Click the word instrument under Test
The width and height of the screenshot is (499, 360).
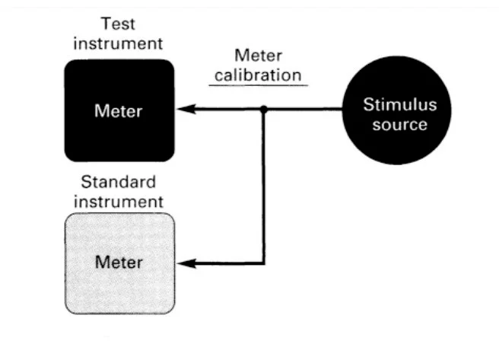click(x=118, y=43)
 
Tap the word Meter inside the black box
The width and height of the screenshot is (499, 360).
click(x=118, y=111)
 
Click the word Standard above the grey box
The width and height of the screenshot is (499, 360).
click(x=118, y=183)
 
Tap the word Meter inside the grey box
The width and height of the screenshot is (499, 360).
click(x=118, y=263)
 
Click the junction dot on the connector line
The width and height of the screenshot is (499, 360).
click(x=263, y=110)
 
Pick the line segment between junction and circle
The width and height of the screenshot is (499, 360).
click(x=304, y=110)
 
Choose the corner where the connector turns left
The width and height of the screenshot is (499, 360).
click(x=263, y=264)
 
